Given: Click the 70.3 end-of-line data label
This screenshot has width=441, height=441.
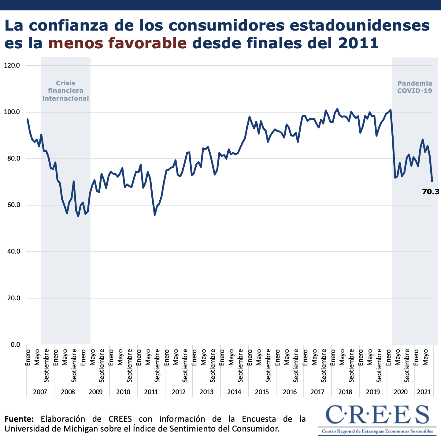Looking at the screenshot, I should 431,192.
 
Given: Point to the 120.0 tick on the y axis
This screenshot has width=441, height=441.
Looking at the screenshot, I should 12,65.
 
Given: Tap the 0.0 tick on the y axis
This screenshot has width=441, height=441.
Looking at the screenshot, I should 15,345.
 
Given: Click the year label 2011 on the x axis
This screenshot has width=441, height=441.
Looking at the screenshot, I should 151,392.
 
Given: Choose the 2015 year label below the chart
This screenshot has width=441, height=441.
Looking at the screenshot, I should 262,392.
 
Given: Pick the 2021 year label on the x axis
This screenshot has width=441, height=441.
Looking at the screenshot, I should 424,392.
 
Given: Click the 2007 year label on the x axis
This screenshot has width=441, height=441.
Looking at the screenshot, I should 40,392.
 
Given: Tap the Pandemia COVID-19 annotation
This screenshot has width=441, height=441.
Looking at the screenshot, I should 415,87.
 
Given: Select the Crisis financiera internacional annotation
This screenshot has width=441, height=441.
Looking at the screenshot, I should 65,91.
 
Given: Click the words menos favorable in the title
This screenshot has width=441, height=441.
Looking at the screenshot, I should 117,43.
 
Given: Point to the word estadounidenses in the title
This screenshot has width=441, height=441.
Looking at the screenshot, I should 360,25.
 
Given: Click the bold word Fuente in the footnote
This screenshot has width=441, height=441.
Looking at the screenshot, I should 19,419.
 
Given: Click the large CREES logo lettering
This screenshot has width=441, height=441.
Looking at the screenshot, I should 377,415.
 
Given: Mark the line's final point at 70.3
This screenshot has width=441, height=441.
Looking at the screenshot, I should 432,182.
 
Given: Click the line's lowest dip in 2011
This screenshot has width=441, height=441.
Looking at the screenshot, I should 155,215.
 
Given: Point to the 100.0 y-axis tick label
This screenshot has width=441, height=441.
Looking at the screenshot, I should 12,112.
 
